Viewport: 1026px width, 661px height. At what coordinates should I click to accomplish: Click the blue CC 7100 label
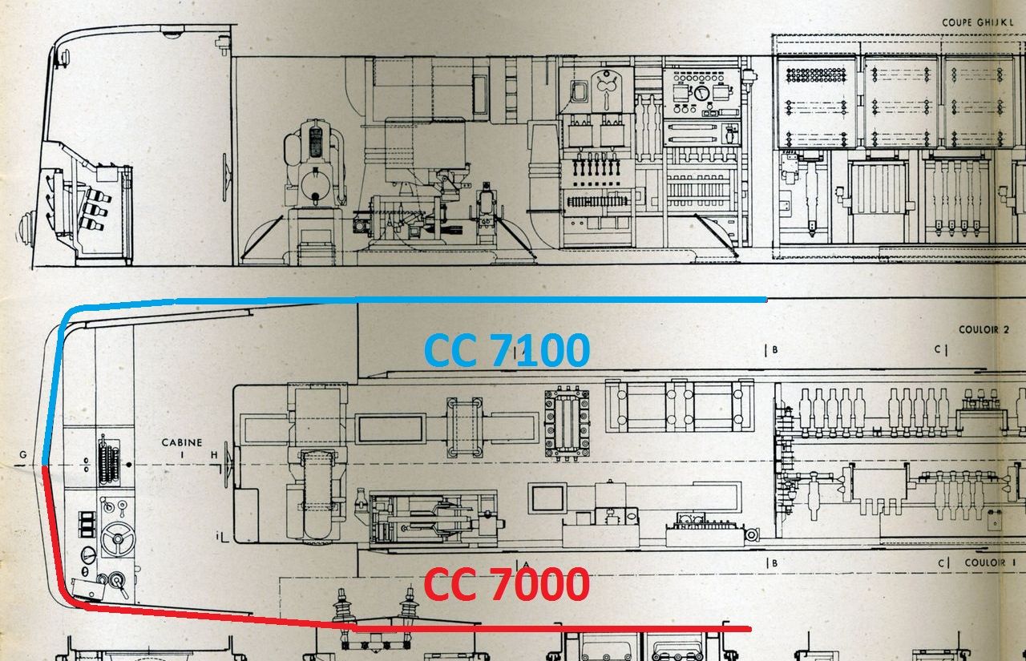click(x=507, y=349)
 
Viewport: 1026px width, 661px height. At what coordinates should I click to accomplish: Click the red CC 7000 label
click(x=507, y=583)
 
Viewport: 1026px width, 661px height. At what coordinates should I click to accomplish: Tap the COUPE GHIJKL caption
click(x=975, y=22)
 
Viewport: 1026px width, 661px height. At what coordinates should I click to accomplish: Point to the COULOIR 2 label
click(x=984, y=329)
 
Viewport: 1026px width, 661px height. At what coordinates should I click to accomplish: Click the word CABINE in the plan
click(x=182, y=442)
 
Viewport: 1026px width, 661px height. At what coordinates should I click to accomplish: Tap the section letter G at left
click(x=23, y=454)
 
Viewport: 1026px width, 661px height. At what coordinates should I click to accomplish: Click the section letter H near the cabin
click(x=214, y=455)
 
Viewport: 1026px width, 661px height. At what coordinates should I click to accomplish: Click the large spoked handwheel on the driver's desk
click(x=118, y=538)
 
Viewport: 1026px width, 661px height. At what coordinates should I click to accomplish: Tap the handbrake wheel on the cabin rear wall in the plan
click(x=226, y=466)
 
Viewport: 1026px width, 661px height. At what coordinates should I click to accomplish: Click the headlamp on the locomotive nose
click(x=26, y=228)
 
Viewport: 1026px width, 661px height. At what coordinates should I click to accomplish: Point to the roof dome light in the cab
click(x=172, y=32)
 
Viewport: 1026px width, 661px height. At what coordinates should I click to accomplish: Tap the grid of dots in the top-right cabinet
click(x=816, y=75)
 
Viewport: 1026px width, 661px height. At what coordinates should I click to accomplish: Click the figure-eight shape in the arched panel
click(x=607, y=87)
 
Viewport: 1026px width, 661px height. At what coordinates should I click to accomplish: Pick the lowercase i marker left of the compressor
click(x=218, y=534)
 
